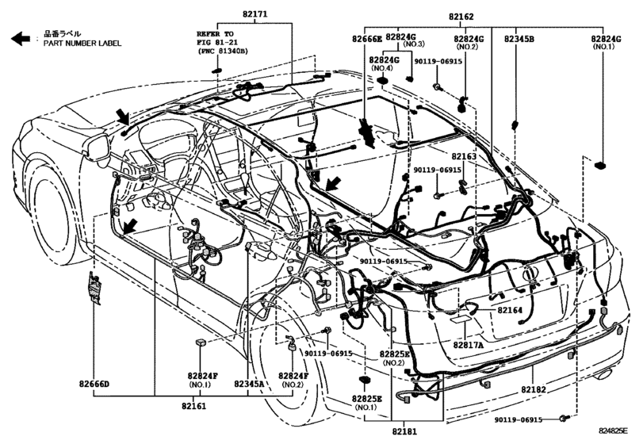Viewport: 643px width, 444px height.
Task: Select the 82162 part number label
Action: point(482,15)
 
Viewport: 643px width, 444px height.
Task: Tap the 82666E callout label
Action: point(367,38)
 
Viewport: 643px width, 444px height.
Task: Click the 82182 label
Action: point(537,390)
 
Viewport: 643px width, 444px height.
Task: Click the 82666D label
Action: point(94,385)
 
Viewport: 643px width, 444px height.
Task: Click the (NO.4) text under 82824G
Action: point(384,69)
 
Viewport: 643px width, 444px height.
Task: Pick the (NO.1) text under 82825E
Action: point(366,408)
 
